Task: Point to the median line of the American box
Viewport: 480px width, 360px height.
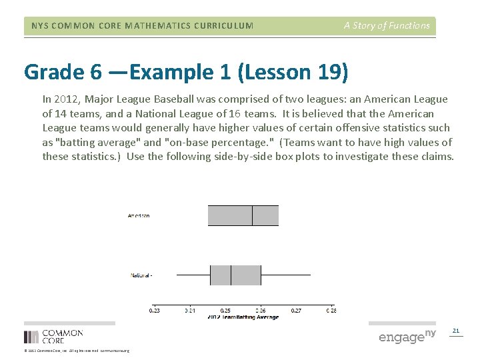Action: [x=252, y=215]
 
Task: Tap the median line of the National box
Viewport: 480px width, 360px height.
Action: [x=231, y=275]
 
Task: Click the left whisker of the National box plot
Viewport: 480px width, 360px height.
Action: [x=193, y=275]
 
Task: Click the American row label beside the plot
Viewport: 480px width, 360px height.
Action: [x=139, y=215]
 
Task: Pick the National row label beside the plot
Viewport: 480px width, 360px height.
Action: [x=140, y=275]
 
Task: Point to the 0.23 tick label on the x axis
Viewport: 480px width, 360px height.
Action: [x=154, y=310]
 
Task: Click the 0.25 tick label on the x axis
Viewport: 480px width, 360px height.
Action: [x=225, y=310]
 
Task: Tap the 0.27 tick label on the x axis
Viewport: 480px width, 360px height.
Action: [x=296, y=310]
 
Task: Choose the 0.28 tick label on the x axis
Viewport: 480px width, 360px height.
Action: [x=331, y=310]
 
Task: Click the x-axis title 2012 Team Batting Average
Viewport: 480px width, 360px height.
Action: [x=243, y=317]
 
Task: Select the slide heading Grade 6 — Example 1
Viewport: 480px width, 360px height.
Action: [x=186, y=72]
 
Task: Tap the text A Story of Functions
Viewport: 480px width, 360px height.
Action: [x=387, y=25]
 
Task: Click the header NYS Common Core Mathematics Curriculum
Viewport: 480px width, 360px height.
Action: [x=142, y=26]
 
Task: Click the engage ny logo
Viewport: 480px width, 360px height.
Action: [x=407, y=336]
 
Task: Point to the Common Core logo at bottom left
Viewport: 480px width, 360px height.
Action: [x=53, y=336]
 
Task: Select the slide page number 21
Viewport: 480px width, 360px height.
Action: [x=456, y=331]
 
